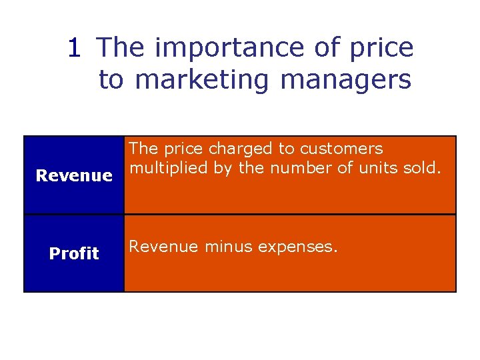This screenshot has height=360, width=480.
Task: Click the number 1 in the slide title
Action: (75, 48)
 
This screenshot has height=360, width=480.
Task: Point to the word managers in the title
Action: (346, 79)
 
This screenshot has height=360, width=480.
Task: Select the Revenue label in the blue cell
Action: (74, 176)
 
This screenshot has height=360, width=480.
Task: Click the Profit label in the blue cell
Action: (74, 253)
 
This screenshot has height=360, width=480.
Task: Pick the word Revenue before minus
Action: (163, 247)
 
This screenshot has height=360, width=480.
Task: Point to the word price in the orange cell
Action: (177, 149)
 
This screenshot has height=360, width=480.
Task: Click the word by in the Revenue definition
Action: (223, 169)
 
